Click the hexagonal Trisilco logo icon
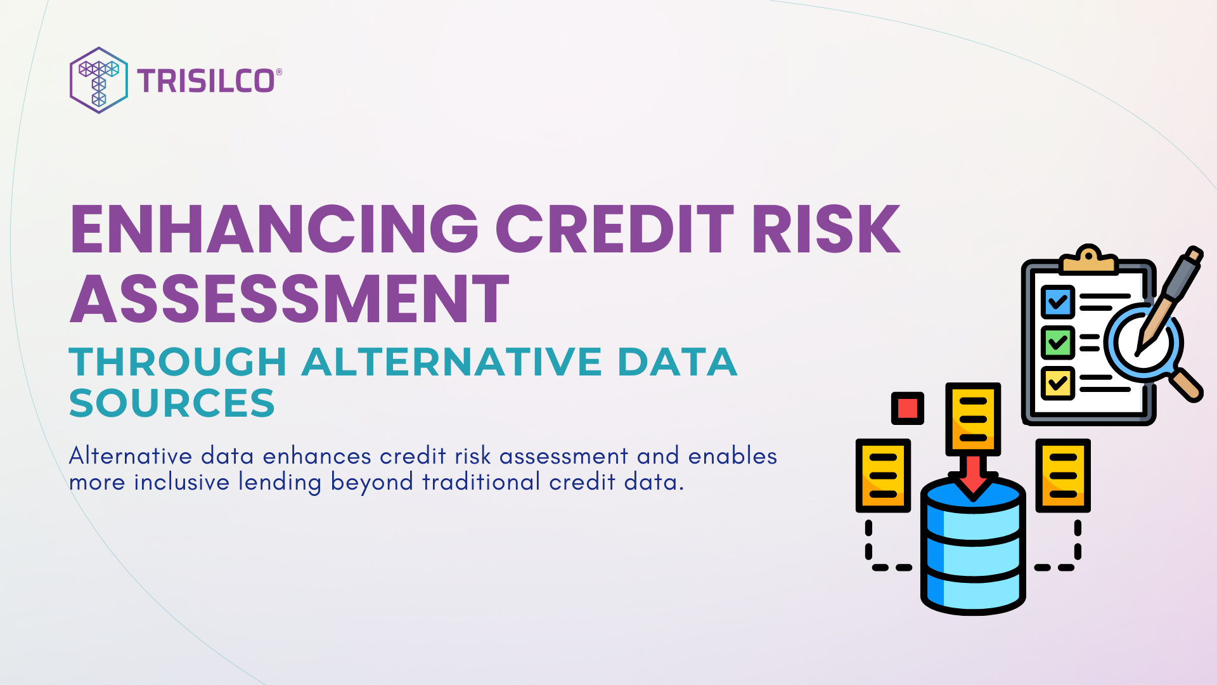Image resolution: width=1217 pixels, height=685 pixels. (98, 81)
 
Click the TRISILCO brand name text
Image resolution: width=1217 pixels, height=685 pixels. (207, 81)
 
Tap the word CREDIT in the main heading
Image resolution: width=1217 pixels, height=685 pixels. (614, 230)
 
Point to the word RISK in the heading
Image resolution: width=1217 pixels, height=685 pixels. (826, 230)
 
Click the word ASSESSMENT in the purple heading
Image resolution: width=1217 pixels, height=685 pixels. (289, 299)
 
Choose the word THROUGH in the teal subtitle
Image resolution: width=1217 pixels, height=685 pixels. (178, 362)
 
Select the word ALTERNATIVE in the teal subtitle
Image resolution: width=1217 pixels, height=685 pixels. (451, 362)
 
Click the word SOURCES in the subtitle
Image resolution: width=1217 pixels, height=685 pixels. (172, 403)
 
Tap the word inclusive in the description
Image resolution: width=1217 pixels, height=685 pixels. (181, 482)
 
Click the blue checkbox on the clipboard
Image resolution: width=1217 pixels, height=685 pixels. (1057, 302)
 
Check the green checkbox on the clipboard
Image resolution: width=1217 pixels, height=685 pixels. (1057, 342)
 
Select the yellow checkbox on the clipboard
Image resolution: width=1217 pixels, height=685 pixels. (1057, 383)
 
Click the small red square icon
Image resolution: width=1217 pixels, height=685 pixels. (907, 408)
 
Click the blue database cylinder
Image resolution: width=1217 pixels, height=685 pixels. (973, 552)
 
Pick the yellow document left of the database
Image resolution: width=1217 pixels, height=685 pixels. (883, 475)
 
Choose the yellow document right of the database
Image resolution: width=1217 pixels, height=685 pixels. (1063, 475)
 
